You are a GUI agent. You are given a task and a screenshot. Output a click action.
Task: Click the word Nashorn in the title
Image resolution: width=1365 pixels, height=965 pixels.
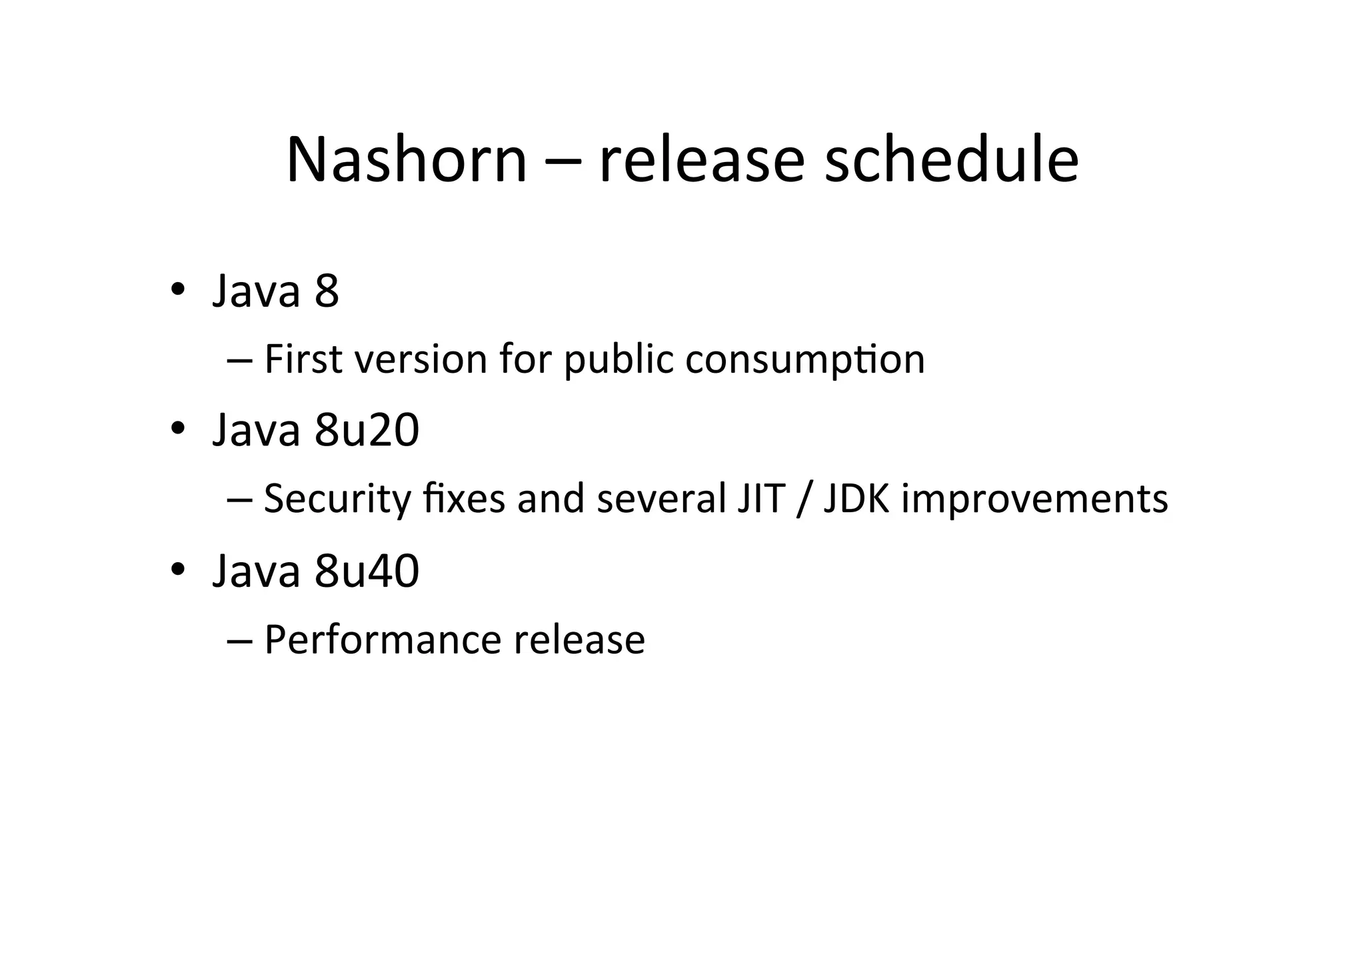(x=407, y=160)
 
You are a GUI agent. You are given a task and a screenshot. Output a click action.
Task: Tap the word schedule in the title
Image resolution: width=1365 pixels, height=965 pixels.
(x=951, y=160)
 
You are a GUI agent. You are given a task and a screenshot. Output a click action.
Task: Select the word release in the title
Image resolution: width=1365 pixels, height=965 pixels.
(x=702, y=160)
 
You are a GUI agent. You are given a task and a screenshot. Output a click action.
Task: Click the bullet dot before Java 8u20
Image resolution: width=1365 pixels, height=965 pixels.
(x=177, y=429)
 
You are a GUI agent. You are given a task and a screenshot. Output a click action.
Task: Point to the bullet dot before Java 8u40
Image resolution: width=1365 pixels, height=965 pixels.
(x=177, y=570)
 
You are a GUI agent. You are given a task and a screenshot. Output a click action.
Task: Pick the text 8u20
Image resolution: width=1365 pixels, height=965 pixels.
(x=367, y=430)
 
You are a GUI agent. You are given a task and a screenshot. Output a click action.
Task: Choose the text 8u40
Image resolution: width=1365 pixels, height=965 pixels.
(x=367, y=571)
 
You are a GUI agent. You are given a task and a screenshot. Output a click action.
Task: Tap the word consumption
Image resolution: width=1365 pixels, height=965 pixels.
(x=805, y=361)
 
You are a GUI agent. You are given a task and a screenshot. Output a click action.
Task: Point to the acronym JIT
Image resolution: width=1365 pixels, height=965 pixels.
(x=760, y=500)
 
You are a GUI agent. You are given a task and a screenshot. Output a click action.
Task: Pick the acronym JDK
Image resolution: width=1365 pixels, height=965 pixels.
(x=856, y=500)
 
